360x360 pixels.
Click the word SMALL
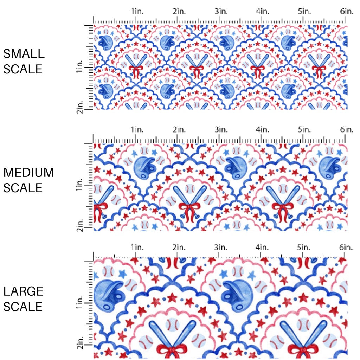tap(24, 54)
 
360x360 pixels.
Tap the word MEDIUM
tap(29, 173)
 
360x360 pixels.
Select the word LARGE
tap(24, 291)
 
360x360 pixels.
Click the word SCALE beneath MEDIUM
tap(23, 188)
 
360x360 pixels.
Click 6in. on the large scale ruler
tap(347, 247)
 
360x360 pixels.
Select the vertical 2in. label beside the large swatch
tap(81, 343)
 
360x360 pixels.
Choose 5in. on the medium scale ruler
tap(305, 130)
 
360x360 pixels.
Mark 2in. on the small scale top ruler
tap(179, 12)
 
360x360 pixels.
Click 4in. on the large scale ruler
tap(262, 247)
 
